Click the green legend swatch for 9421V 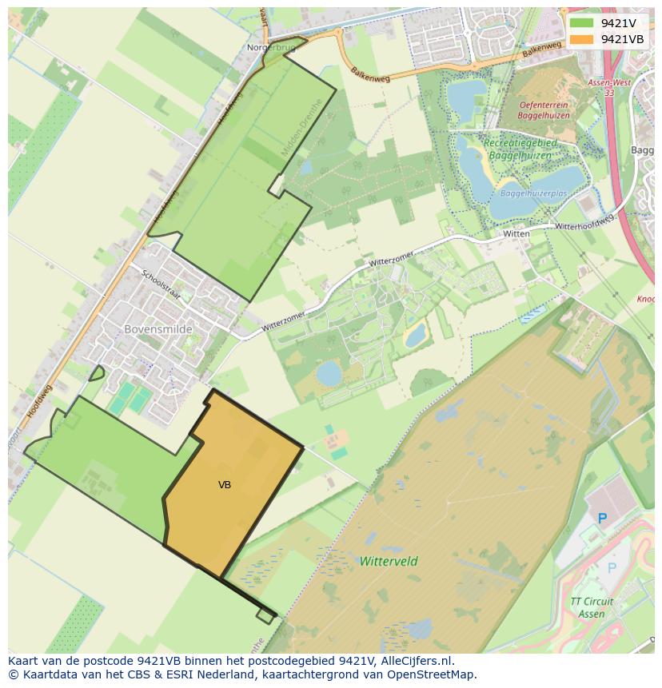pos(582,23)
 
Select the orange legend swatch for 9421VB pos(582,39)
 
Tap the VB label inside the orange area pos(225,485)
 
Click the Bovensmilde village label pos(158,328)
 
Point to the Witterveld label pos(389,561)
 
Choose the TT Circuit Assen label pos(592,607)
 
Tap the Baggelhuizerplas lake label pos(533,193)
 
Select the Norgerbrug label pos(271,48)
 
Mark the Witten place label pos(516,233)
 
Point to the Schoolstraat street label pos(161,284)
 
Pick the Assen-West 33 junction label pos(609,87)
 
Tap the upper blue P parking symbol pos(603,518)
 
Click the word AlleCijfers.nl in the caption pos(415,661)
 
